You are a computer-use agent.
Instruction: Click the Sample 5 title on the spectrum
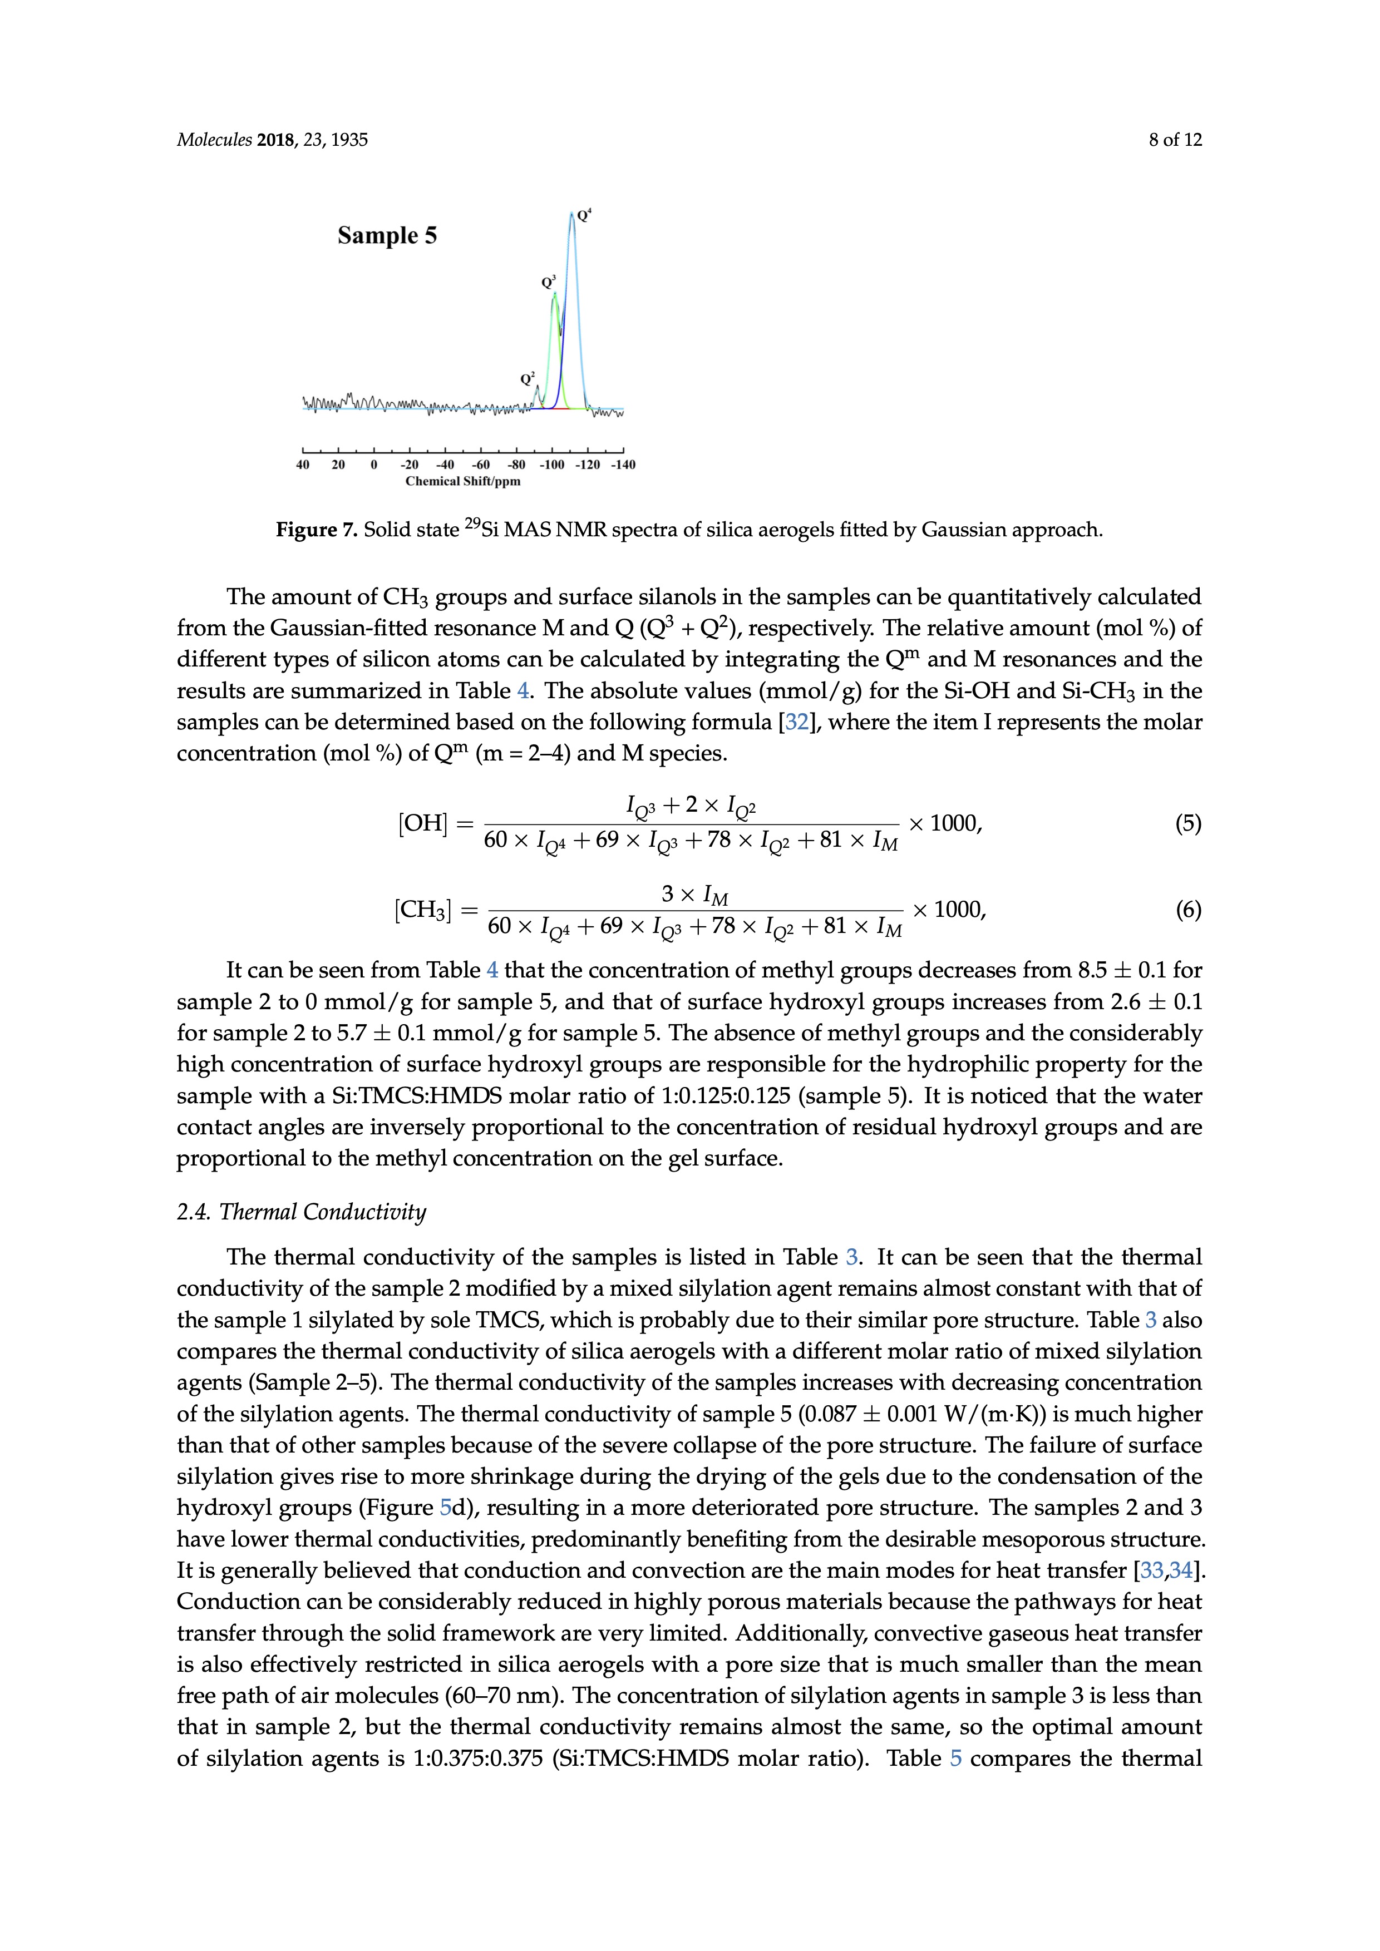387,235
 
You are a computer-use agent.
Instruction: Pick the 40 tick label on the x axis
303,465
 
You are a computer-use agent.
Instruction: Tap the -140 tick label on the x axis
623,465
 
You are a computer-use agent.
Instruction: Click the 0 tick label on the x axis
374,465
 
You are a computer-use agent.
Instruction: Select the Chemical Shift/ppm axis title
462,482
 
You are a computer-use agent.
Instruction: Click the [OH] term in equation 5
422,823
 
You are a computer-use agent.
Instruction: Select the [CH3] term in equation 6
422,911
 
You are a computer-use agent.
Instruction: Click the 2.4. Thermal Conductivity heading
301,1212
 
